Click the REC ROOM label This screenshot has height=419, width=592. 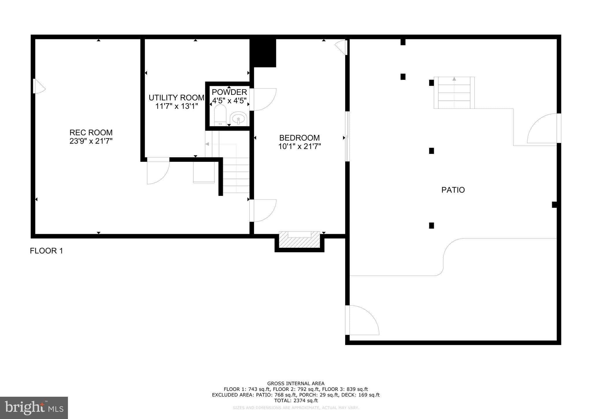tap(91, 133)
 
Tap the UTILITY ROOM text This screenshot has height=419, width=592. tap(176, 98)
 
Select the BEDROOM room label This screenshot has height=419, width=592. tap(299, 138)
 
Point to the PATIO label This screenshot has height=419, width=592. tap(453, 190)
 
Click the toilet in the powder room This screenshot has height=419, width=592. tap(220, 115)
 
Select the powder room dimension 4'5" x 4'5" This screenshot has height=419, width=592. tap(229, 101)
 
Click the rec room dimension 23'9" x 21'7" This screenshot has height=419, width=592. tap(91, 141)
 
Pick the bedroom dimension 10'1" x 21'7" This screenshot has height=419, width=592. tap(299, 146)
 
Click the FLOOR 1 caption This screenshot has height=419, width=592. tap(46, 251)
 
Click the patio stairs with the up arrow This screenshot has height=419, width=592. tap(454, 93)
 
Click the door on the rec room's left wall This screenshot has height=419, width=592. tap(39, 86)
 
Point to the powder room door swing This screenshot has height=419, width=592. tap(262, 99)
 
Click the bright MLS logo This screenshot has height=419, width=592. tap(34, 408)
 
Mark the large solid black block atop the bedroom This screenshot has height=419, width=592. tap(263, 53)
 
